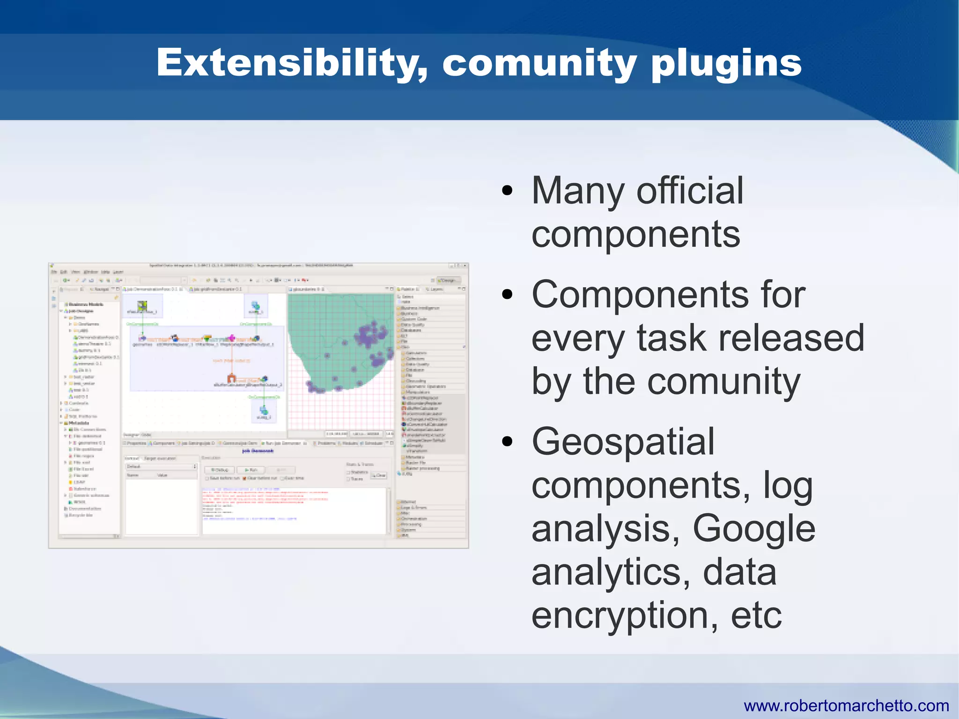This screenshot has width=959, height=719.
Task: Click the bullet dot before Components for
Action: point(507,295)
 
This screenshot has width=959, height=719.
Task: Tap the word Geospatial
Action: point(623,442)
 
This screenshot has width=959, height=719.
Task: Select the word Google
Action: point(754,528)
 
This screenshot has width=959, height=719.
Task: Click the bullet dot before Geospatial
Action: point(507,442)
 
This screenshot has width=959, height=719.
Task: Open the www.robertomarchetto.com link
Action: point(846,705)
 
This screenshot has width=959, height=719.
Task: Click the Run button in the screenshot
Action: point(251,469)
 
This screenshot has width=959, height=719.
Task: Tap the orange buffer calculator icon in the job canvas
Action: point(231,378)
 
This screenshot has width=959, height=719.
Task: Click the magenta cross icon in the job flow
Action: point(231,338)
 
